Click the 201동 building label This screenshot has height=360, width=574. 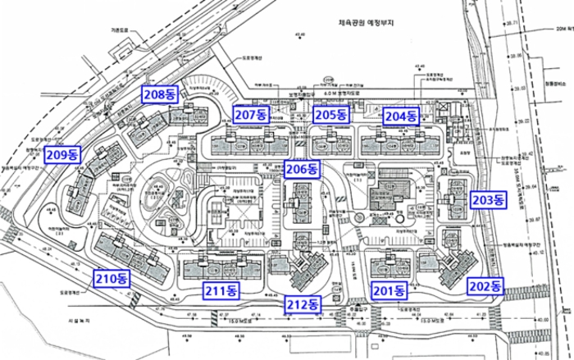click(x=389, y=289)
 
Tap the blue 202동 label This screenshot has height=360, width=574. click(x=485, y=285)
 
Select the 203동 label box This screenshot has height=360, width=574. click(x=490, y=198)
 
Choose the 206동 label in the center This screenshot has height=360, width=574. click(x=301, y=169)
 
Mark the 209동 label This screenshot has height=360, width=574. click(x=63, y=153)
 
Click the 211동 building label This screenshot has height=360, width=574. click(x=221, y=289)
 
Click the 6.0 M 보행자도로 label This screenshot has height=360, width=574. click(x=330, y=92)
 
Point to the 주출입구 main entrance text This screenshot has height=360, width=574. click(x=358, y=308)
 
